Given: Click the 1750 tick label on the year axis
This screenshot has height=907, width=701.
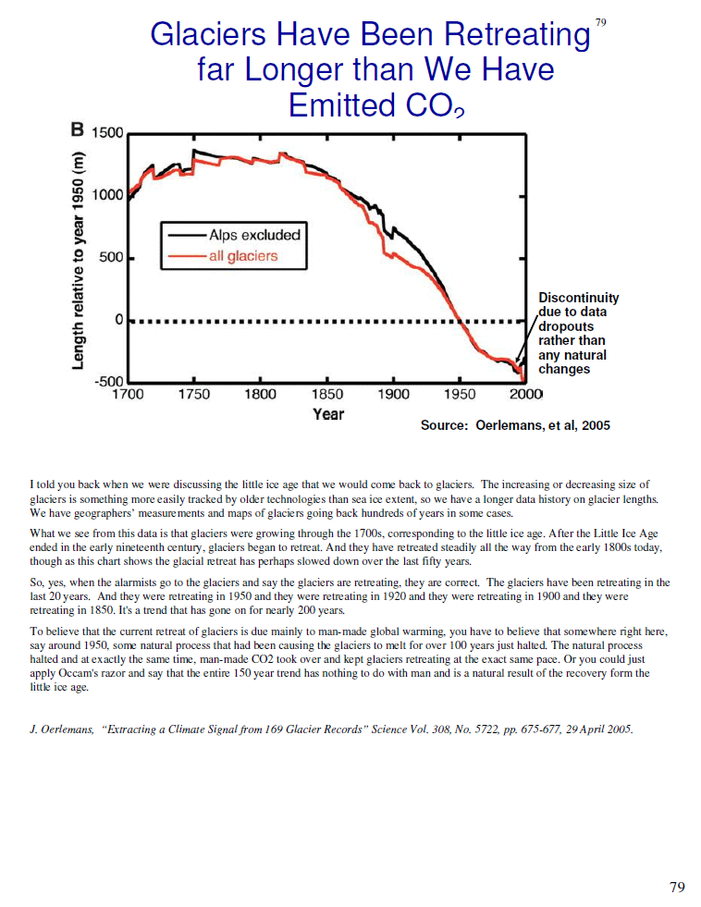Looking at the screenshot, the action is [194, 395].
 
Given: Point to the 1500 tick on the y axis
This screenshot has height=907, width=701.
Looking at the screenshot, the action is [108, 132].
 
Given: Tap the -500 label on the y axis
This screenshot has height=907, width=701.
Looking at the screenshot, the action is [109, 382].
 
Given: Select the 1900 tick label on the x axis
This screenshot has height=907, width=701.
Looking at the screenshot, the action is [393, 395].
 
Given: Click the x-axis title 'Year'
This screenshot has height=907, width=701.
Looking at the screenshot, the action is [328, 414].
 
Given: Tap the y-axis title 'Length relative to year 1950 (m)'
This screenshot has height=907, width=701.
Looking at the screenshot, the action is [78, 261].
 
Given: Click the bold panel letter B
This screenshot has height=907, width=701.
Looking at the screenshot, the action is [78, 129].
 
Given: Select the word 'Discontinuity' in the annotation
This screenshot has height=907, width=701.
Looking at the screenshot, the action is [578, 298].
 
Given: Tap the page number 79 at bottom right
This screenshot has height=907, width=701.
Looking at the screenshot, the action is [677, 888].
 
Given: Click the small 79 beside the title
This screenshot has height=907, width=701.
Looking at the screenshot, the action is [601, 22].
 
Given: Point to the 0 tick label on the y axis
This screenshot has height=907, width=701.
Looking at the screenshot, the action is [119, 319].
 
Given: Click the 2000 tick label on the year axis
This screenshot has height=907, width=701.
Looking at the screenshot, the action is [525, 395].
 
